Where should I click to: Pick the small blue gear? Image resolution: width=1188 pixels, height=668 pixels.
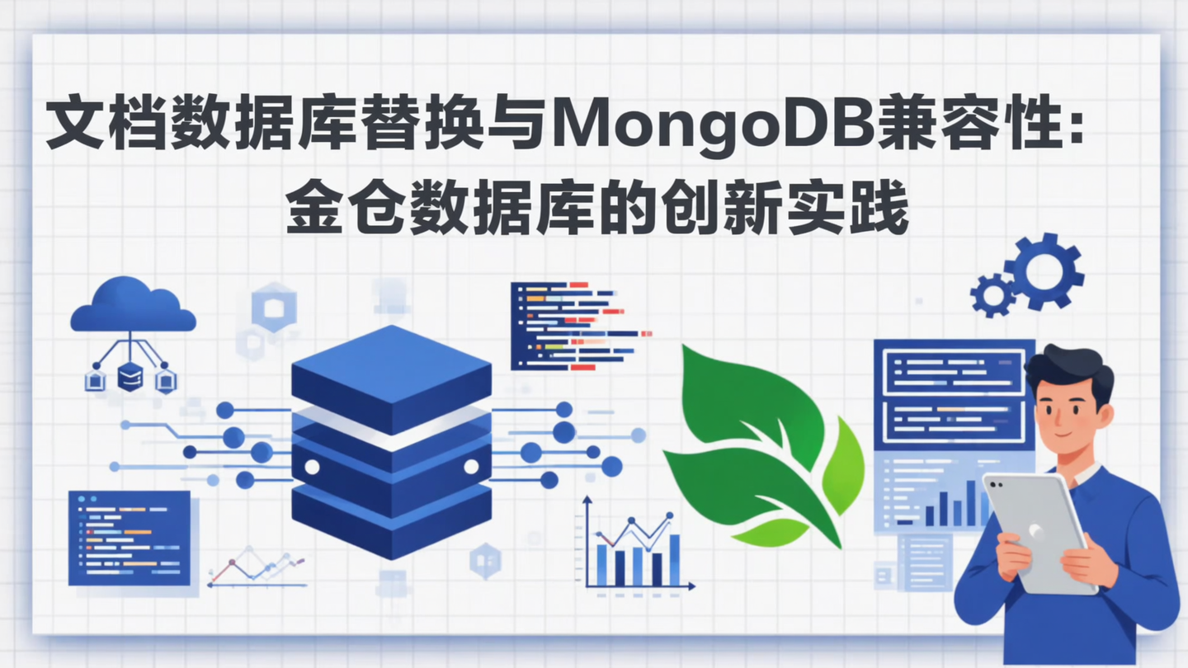coord(993,294)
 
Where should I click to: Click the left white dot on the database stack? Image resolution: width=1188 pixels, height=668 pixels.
coord(312,467)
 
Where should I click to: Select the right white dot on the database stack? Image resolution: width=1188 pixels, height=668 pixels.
coord(471,467)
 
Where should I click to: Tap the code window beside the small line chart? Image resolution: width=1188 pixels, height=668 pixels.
coord(130,537)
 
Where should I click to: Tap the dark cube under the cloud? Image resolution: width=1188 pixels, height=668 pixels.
coord(130,377)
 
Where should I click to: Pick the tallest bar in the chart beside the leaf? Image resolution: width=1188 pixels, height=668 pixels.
coord(674,559)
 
